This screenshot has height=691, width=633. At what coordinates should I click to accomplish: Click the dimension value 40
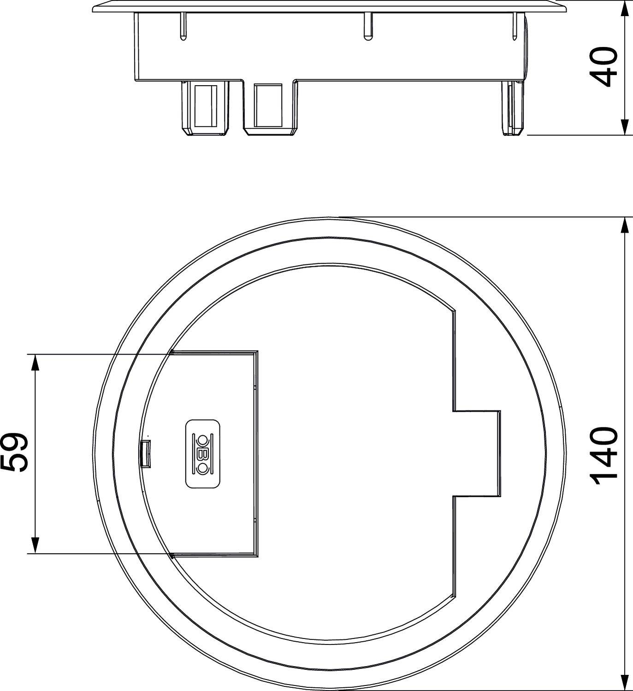tap(604, 67)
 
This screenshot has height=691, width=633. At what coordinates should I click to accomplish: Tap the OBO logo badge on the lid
tap(203, 454)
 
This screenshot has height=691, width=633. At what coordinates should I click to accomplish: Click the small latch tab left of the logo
tap(145, 454)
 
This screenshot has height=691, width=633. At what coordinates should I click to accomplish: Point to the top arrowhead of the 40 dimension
tap(625, 9)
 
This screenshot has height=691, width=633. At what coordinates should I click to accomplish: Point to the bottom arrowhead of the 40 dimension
tap(625, 127)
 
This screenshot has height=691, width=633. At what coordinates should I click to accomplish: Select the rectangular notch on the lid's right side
tap(477, 454)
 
